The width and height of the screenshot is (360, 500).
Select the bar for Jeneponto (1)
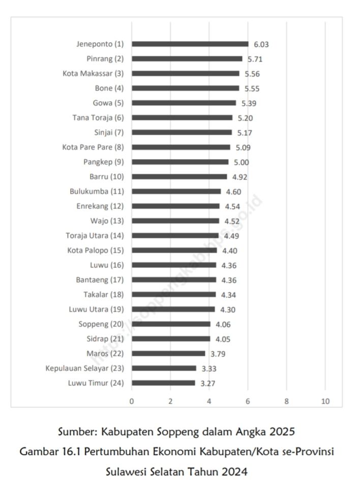pyautogui.click(x=190, y=44)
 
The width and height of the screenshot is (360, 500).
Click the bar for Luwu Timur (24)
pyautogui.click(x=163, y=383)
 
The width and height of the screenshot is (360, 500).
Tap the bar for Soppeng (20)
pyautogui.click(x=171, y=324)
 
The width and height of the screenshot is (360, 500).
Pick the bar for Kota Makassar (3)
pyautogui.click(x=185, y=74)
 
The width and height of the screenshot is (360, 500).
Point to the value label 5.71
pyautogui.click(x=255, y=59)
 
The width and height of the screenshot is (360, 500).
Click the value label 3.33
pyautogui.click(x=208, y=368)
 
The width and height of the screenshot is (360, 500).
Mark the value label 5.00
pyautogui.click(x=241, y=162)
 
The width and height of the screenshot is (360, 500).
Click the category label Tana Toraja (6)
pyautogui.click(x=98, y=118)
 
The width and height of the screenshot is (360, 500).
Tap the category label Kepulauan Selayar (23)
pyautogui.click(x=84, y=368)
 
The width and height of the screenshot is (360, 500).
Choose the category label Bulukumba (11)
pyautogui.click(x=97, y=192)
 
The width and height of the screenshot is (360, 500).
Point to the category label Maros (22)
pyautogui.click(x=105, y=354)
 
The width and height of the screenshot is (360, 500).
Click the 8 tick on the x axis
pyautogui.click(x=287, y=401)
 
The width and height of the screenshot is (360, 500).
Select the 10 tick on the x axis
pyautogui.click(x=325, y=401)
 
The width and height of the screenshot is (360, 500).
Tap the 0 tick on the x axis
pyautogui.click(x=132, y=401)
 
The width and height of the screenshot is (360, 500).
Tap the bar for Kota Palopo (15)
pyautogui.click(x=174, y=251)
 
